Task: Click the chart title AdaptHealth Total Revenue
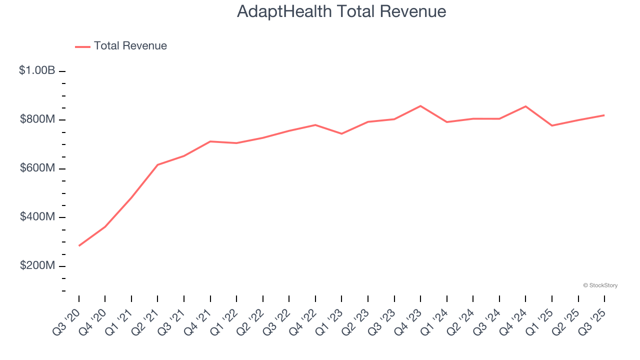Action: point(341,11)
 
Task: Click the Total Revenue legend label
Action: point(130,46)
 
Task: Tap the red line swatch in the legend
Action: point(82,46)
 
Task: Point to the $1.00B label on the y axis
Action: point(37,70)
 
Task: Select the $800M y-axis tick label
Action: point(37,119)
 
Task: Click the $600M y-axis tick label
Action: point(37,168)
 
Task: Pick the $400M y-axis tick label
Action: point(37,217)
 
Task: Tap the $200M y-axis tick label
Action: point(37,265)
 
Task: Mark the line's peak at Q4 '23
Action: point(420,106)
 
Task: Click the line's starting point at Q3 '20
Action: point(79,245)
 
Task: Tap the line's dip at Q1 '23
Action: point(341,133)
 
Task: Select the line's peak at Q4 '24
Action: point(525,106)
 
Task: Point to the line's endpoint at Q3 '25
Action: point(604,115)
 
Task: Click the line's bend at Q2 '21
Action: point(157,164)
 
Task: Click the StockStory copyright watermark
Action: point(600,285)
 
